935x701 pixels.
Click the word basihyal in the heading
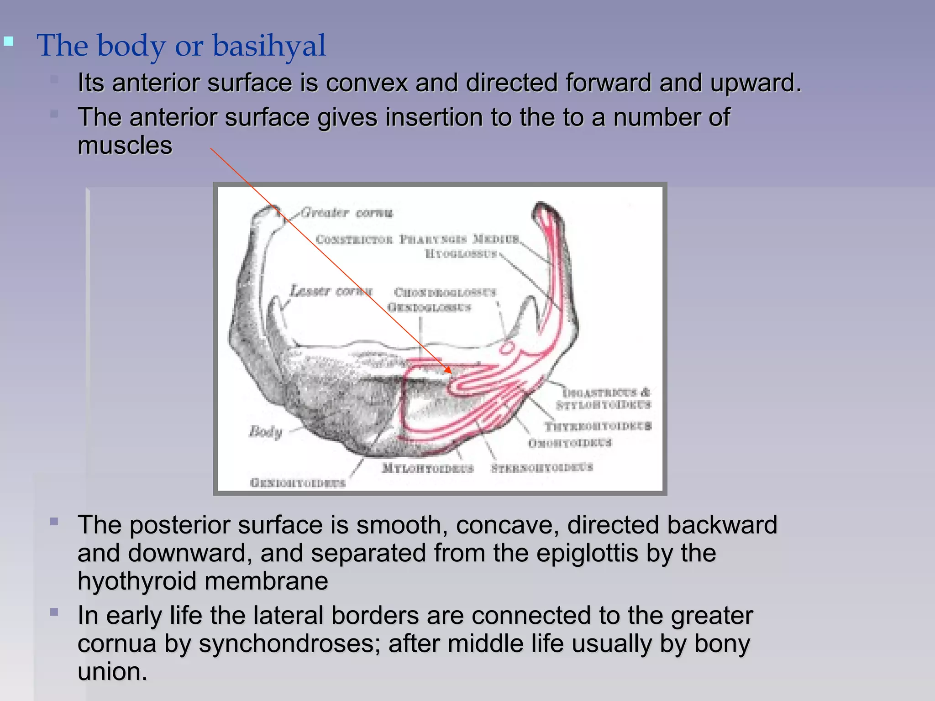(269, 46)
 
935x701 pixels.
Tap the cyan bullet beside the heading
(9, 42)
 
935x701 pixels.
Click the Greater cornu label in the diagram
(347, 213)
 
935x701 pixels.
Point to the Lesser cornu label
(331, 291)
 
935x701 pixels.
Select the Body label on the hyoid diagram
(266, 431)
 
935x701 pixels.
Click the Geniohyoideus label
(298, 483)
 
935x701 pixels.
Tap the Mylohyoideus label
(428, 468)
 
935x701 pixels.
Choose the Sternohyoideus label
(542, 467)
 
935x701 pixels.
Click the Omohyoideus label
(570, 443)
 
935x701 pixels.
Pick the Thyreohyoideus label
(598, 426)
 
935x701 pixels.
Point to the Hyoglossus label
(461, 254)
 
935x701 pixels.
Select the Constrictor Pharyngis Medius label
(417, 239)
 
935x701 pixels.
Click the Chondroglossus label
(445, 292)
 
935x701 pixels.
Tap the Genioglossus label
(429, 307)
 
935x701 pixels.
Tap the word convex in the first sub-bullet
(367, 83)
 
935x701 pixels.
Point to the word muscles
(125, 146)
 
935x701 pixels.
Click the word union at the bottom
(112, 672)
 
